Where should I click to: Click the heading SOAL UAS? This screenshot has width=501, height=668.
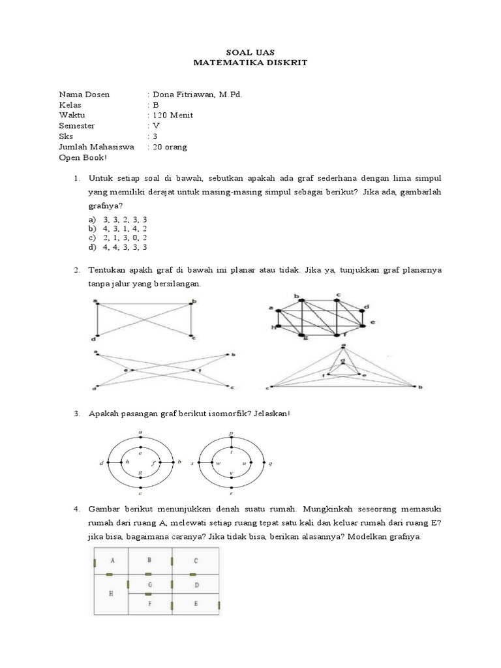coord(250,53)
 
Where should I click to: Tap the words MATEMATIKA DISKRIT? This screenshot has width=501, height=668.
coord(250,63)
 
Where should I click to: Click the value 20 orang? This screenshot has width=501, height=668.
coord(170,147)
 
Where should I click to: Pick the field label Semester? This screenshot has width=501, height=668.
coord(76,126)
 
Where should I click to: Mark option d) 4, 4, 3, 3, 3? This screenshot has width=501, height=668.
coord(117,248)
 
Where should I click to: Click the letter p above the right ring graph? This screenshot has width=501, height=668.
coord(232,433)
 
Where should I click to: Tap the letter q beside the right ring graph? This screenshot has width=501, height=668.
coord(270,463)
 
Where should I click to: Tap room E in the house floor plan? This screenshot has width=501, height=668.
coord(196,604)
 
